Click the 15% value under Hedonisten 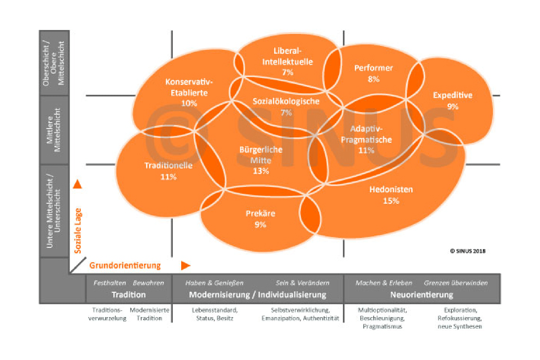tap(391, 201)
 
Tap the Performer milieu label tap(373, 68)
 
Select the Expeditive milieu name tap(452, 95)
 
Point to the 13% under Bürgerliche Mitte tap(261, 171)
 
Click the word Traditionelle tap(168, 166)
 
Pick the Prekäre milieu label tap(260, 214)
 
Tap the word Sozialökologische tap(286, 101)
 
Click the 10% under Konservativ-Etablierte tap(189, 103)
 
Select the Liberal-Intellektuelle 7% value tap(287, 72)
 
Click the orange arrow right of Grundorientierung tap(186, 265)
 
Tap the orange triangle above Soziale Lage tap(77, 184)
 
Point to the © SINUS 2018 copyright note tap(468, 251)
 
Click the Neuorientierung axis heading tap(421, 295)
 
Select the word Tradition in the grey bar tap(129, 295)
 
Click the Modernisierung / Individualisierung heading tap(257, 295)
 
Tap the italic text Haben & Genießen tap(214, 283)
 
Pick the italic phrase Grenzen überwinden tap(456, 283)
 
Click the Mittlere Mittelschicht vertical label tap(54, 130)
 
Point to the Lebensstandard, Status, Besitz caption tap(214, 314)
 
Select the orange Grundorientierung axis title tap(125, 265)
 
